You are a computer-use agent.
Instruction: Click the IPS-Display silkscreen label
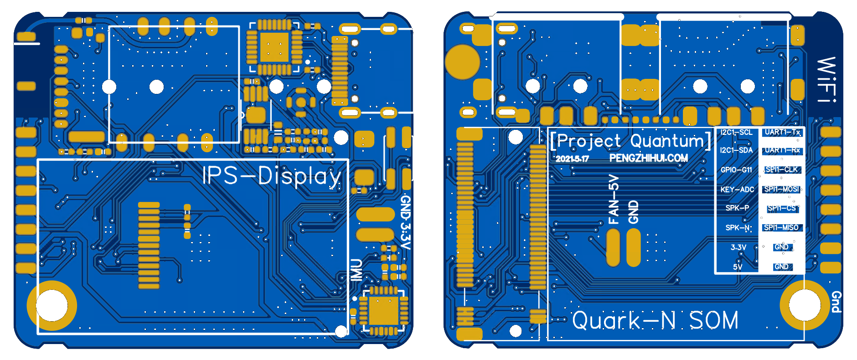(x=272, y=176)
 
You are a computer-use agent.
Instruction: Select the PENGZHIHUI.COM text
(x=648, y=158)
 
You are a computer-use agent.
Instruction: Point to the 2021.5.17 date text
(x=572, y=159)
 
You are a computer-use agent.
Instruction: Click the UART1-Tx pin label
(x=782, y=132)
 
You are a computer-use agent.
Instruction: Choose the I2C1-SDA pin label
(x=736, y=150)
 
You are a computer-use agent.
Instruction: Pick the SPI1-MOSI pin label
(x=782, y=189)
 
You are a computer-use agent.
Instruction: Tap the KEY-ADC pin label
(x=737, y=190)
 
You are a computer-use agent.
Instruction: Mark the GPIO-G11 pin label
(x=736, y=170)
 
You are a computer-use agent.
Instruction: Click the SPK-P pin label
(x=737, y=208)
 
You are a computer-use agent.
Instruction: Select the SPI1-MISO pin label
(x=781, y=227)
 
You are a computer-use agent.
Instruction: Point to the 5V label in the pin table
(x=738, y=267)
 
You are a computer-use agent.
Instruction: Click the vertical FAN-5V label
(x=614, y=199)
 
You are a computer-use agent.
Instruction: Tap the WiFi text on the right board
(x=826, y=79)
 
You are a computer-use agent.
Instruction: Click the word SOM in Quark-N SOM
(x=713, y=320)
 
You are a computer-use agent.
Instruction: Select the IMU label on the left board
(x=356, y=269)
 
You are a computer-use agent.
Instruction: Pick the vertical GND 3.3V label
(x=405, y=222)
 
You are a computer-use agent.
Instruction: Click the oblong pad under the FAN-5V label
(x=613, y=247)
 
